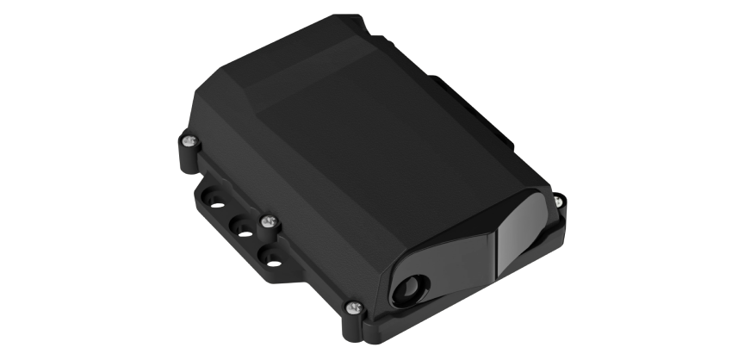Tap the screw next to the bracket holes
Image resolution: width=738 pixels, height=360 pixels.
(x=270, y=222)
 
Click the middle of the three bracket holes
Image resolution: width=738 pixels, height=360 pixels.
(x=245, y=233)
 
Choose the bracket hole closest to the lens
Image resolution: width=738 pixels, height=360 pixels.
(x=273, y=258)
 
